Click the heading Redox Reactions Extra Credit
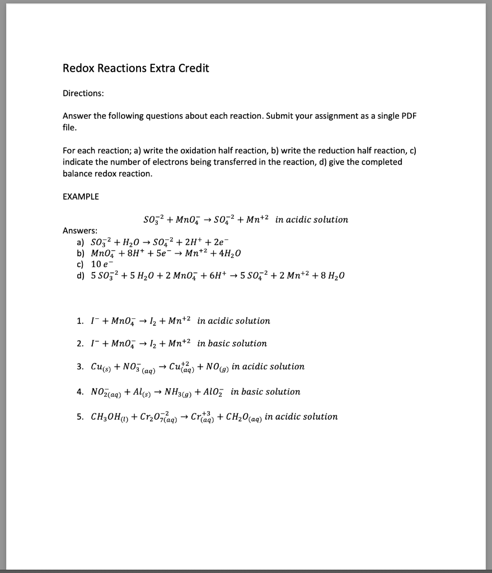tap(135, 69)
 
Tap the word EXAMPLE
tap(81, 196)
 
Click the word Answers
tap(79, 231)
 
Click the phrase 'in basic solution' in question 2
tap(232, 344)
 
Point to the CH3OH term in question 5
tap(104, 417)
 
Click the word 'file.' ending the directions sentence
tap(70, 128)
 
